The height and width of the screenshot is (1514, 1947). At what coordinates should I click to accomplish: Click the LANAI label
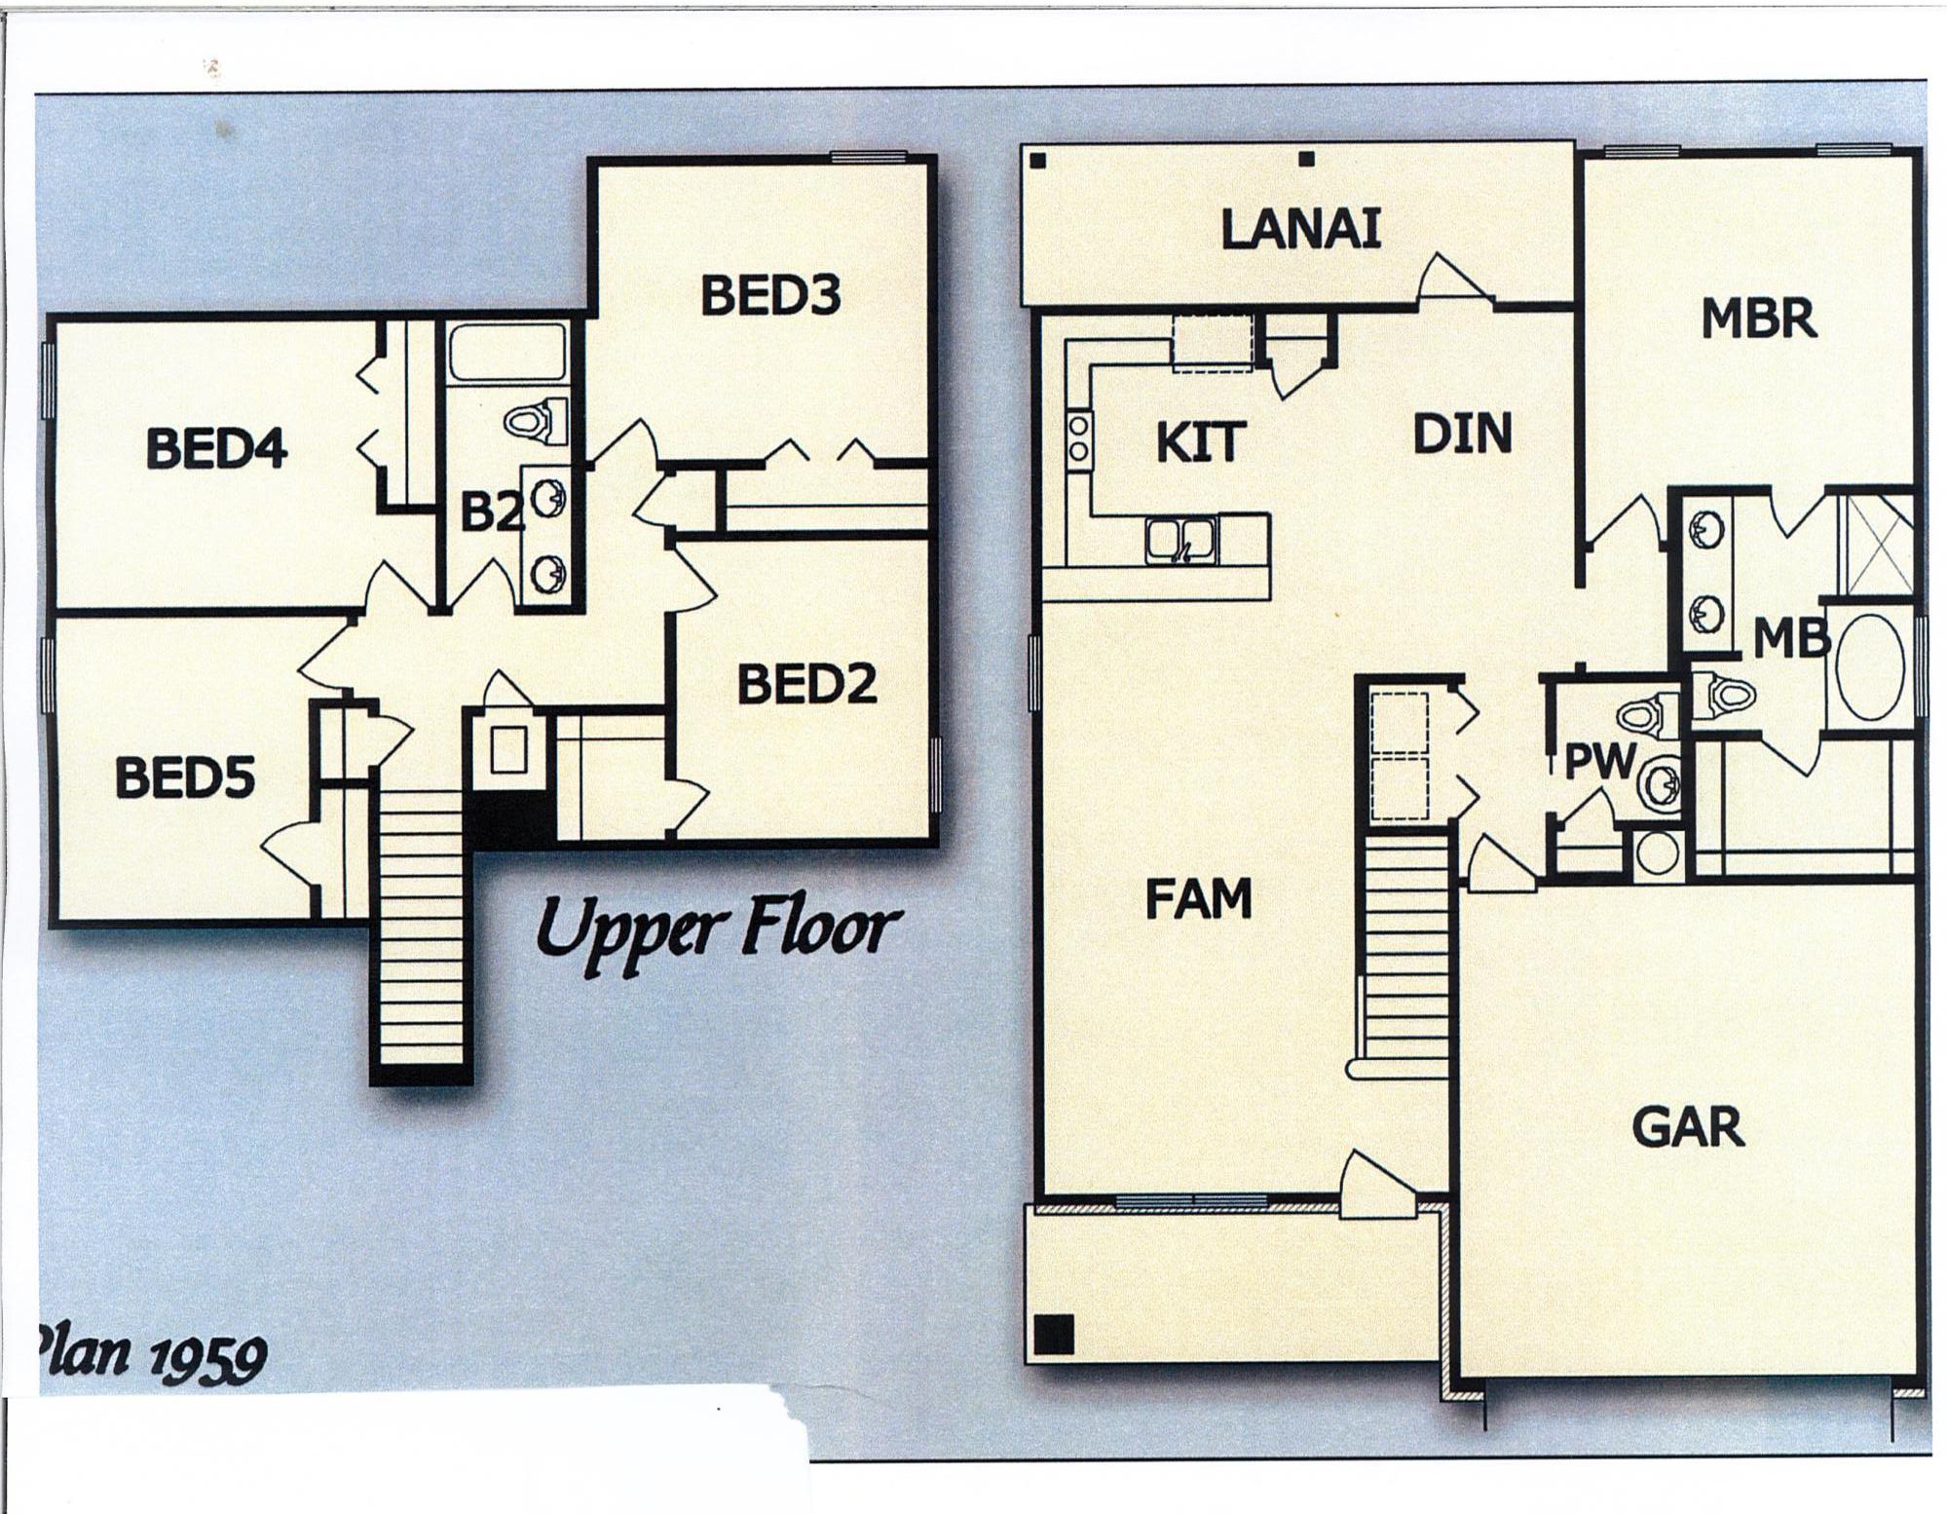pos(1300,231)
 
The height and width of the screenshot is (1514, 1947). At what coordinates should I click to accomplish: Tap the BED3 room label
pos(769,296)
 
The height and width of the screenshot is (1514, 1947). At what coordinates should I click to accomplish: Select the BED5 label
pos(184,778)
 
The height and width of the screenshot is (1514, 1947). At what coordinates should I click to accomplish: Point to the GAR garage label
pos(1688,1127)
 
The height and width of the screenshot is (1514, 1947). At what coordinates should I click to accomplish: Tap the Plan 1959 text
pos(151,1355)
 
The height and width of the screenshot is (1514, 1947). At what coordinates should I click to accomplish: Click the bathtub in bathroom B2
pos(506,353)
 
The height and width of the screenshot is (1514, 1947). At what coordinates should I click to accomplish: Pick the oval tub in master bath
pos(1870,668)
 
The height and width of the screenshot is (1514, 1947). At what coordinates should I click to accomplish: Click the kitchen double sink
pos(1180,541)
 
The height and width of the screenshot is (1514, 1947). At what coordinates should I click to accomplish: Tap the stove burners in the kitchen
pos(1078,438)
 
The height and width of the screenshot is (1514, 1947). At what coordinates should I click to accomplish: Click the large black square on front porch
pos(1053,1334)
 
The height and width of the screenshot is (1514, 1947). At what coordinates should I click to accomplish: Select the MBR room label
pos(1758,320)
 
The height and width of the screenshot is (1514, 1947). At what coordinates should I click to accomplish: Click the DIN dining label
pos(1462,435)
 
